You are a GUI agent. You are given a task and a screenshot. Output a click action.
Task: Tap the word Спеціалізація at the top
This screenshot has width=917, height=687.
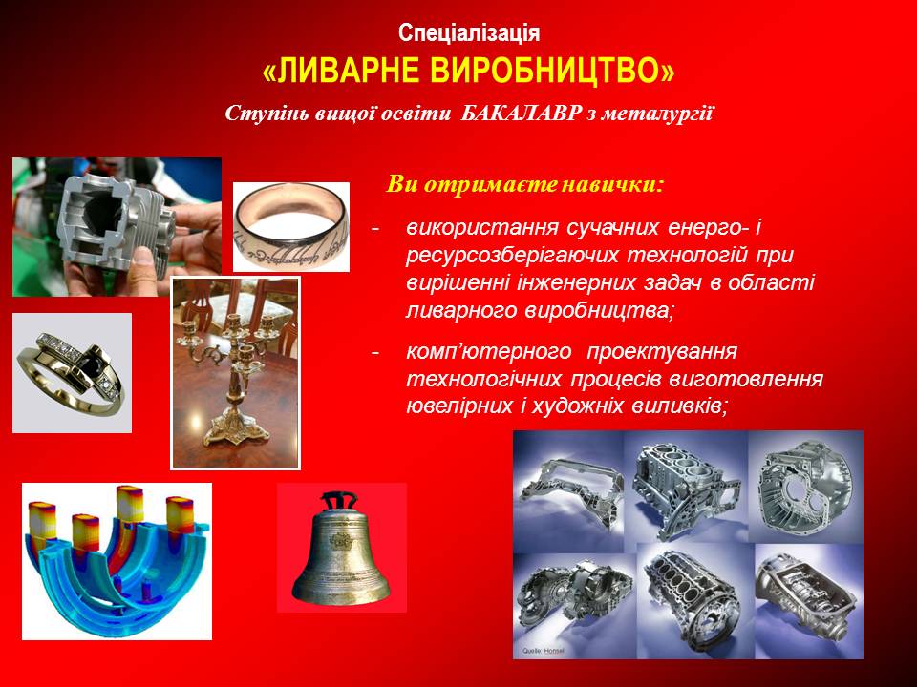click(x=469, y=32)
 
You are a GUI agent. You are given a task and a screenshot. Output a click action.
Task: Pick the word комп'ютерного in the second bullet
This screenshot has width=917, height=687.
click(x=489, y=352)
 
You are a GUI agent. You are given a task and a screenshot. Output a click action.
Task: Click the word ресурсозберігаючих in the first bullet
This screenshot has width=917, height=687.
click(x=511, y=256)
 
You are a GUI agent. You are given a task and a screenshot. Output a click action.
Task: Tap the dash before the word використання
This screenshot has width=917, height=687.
click(x=374, y=228)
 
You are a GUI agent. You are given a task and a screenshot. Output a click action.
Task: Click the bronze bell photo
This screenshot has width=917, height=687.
click(x=342, y=548)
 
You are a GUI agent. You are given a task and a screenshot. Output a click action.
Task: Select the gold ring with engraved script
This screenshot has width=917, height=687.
click(x=291, y=227)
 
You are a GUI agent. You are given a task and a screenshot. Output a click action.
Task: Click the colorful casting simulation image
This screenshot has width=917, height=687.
click(x=117, y=561)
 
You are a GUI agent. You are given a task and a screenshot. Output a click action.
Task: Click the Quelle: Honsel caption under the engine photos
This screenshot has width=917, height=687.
click(x=544, y=651)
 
